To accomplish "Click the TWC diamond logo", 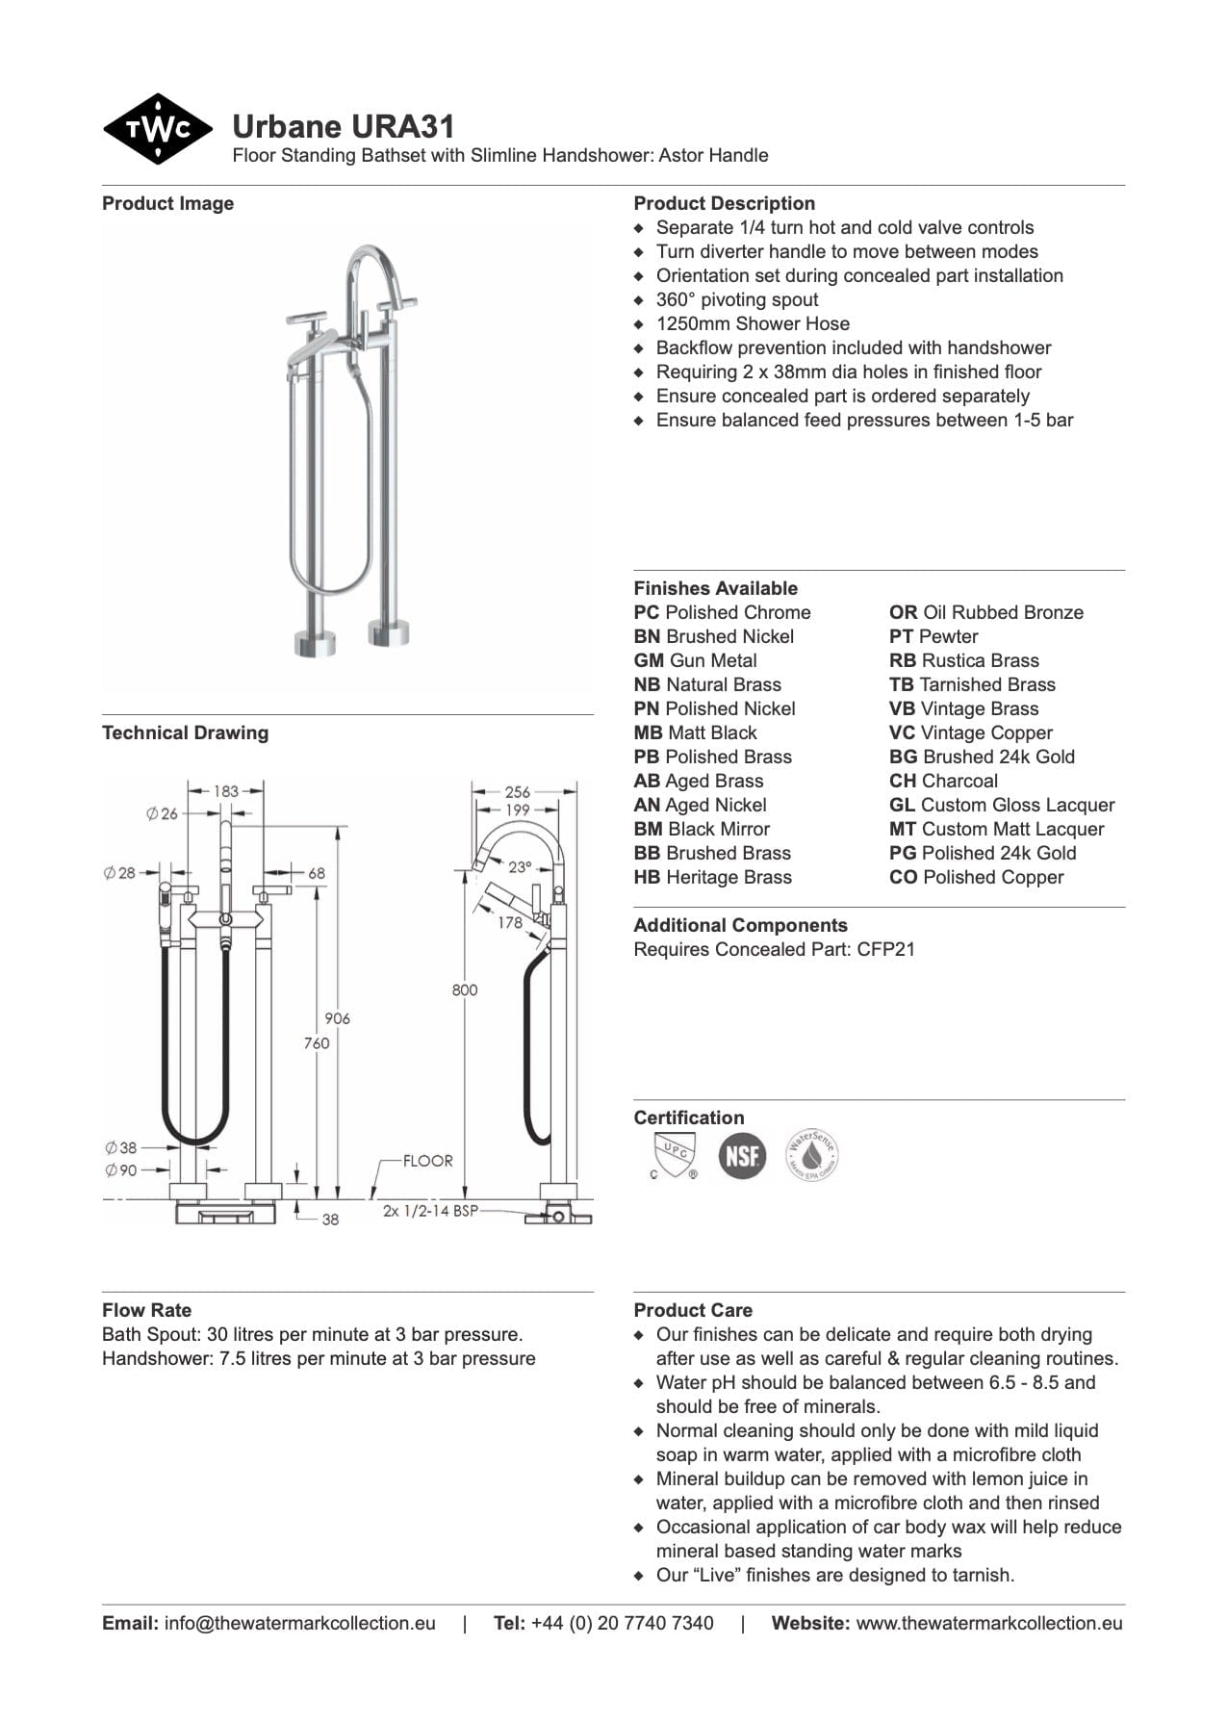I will click(x=157, y=129).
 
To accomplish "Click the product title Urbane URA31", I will click(x=343, y=127).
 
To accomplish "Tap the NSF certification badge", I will click(x=741, y=1154).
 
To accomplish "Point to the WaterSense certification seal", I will click(x=812, y=1154).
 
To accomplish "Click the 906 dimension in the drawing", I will click(x=337, y=1018).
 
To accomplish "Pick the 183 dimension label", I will click(x=225, y=791).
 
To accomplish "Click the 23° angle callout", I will click(x=520, y=866).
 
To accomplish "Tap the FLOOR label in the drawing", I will click(x=427, y=1161).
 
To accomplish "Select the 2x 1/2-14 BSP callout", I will click(x=430, y=1211).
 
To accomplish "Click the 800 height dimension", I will click(x=464, y=990).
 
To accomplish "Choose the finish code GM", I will click(x=649, y=660).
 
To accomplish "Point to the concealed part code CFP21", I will click(x=885, y=949).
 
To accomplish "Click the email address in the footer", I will click(x=299, y=1623).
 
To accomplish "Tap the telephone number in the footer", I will click(x=622, y=1623).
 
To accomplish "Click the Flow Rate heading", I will click(x=146, y=1310).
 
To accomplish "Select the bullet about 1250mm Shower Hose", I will click(x=753, y=323).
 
